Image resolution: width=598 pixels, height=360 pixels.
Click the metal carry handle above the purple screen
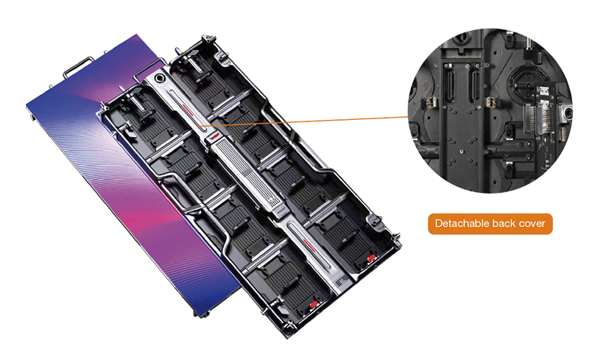(x=79, y=66)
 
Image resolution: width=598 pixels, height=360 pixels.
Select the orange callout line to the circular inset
(x=303, y=121)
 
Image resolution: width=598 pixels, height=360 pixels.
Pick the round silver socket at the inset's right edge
(x=566, y=114)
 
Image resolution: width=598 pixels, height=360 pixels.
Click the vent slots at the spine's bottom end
(x=341, y=282)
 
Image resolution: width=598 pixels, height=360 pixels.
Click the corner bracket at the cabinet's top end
(x=208, y=40)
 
